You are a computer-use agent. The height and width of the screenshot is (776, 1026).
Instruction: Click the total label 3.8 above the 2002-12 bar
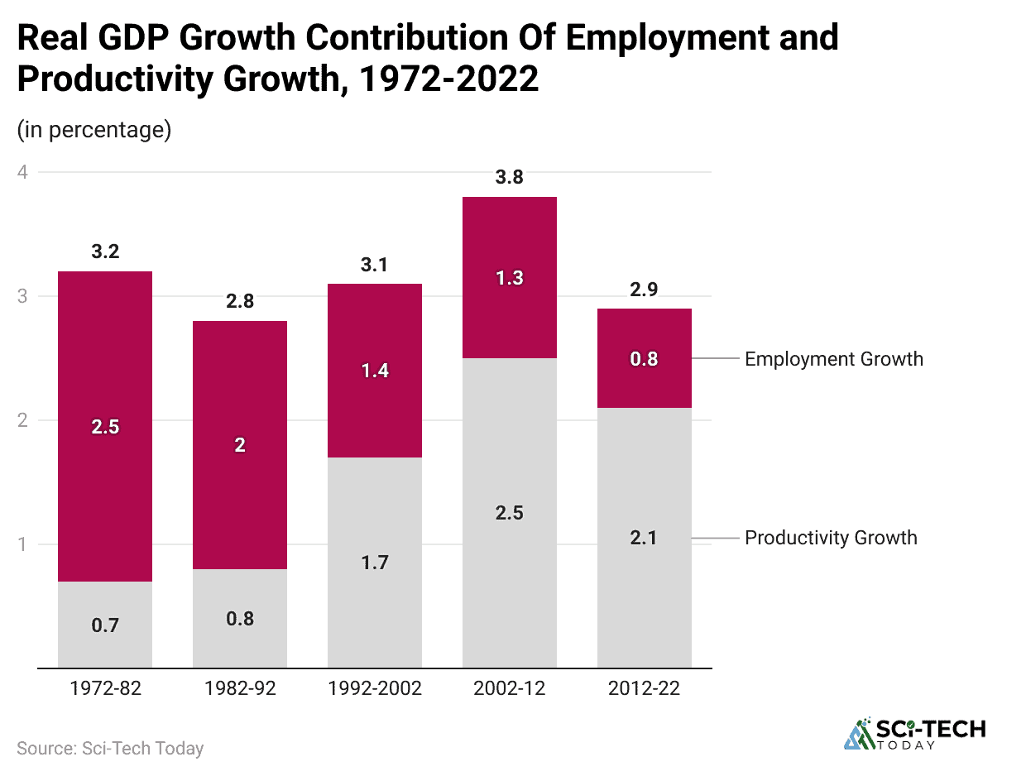pyautogui.click(x=510, y=177)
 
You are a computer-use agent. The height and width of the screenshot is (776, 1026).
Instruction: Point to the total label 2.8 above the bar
pyautogui.click(x=240, y=301)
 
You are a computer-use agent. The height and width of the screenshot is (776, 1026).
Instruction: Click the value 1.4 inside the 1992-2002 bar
pyautogui.click(x=375, y=371)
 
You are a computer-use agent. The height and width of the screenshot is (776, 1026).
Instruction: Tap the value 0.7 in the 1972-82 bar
pyautogui.click(x=105, y=625)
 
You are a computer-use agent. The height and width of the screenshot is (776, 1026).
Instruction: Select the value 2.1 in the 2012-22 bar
pyautogui.click(x=645, y=538)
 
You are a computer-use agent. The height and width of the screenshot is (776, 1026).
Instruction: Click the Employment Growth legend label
pyautogui.click(x=833, y=359)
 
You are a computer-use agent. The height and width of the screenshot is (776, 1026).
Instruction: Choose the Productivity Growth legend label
pyautogui.click(x=831, y=538)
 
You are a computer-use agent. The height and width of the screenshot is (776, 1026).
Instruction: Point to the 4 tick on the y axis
pyautogui.click(x=23, y=172)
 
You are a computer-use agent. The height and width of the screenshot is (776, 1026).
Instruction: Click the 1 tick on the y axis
pyautogui.click(x=23, y=544)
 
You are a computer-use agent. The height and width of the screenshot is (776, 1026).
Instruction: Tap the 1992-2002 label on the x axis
pyautogui.click(x=375, y=688)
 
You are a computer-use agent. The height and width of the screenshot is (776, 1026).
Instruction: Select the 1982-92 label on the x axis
pyautogui.click(x=240, y=688)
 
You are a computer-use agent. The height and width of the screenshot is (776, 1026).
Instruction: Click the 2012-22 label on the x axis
pyautogui.click(x=645, y=688)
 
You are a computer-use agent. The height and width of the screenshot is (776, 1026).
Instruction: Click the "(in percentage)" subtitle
pyautogui.click(x=94, y=130)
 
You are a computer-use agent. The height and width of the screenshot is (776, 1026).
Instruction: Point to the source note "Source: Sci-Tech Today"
pyautogui.click(x=110, y=749)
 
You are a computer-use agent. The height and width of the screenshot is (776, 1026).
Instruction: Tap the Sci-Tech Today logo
pyautogui.click(x=914, y=733)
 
